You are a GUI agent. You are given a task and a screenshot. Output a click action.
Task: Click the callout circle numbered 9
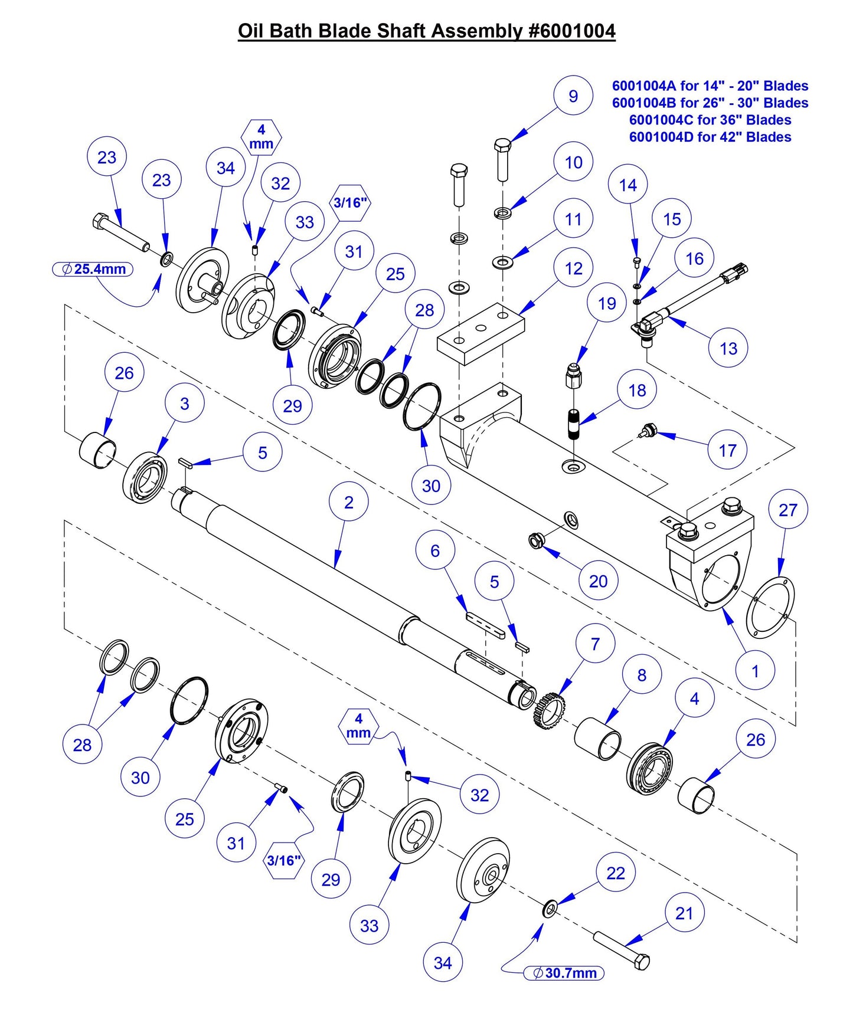[573, 96]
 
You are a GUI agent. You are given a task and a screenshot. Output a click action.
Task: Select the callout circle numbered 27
[787, 510]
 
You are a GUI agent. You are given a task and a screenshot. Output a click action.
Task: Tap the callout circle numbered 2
[348, 502]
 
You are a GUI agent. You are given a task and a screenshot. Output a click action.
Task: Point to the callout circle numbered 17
[727, 450]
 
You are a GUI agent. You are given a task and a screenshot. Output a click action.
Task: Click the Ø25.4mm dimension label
[93, 270]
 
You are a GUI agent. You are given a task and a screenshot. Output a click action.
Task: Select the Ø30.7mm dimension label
[564, 973]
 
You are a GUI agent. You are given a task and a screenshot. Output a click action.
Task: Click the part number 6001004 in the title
[571, 31]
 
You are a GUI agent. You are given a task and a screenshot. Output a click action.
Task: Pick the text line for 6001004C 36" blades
[710, 120]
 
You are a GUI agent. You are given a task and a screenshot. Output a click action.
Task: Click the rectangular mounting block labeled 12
[481, 334]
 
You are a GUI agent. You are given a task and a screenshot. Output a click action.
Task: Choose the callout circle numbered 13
[728, 348]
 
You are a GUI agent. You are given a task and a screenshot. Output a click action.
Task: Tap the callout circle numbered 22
[615, 873]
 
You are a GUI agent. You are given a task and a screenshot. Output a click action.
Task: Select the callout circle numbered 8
[641, 674]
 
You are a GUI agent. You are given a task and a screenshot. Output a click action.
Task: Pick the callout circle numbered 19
[606, 303]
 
